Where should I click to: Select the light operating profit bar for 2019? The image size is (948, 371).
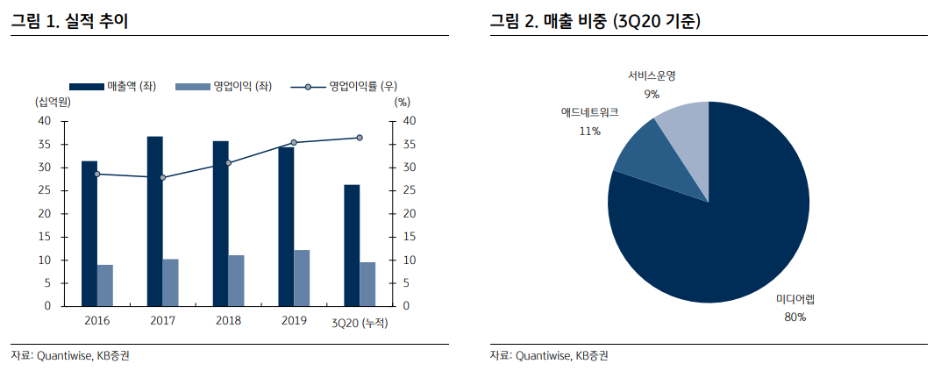[302, 278]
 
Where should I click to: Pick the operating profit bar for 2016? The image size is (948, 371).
[105, 285]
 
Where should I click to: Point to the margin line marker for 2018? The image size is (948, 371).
[228, 163]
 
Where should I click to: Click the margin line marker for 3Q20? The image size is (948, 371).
[360, 138]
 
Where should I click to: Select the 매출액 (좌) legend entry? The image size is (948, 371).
[112, 86]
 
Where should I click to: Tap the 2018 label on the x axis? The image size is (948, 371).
[228, 321]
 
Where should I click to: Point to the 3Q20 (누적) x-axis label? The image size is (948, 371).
[360, 323]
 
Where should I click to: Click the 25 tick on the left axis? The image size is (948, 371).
[45, 191]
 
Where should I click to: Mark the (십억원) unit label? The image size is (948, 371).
[53, 102]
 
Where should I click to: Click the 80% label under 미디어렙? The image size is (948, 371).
[795, 317]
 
